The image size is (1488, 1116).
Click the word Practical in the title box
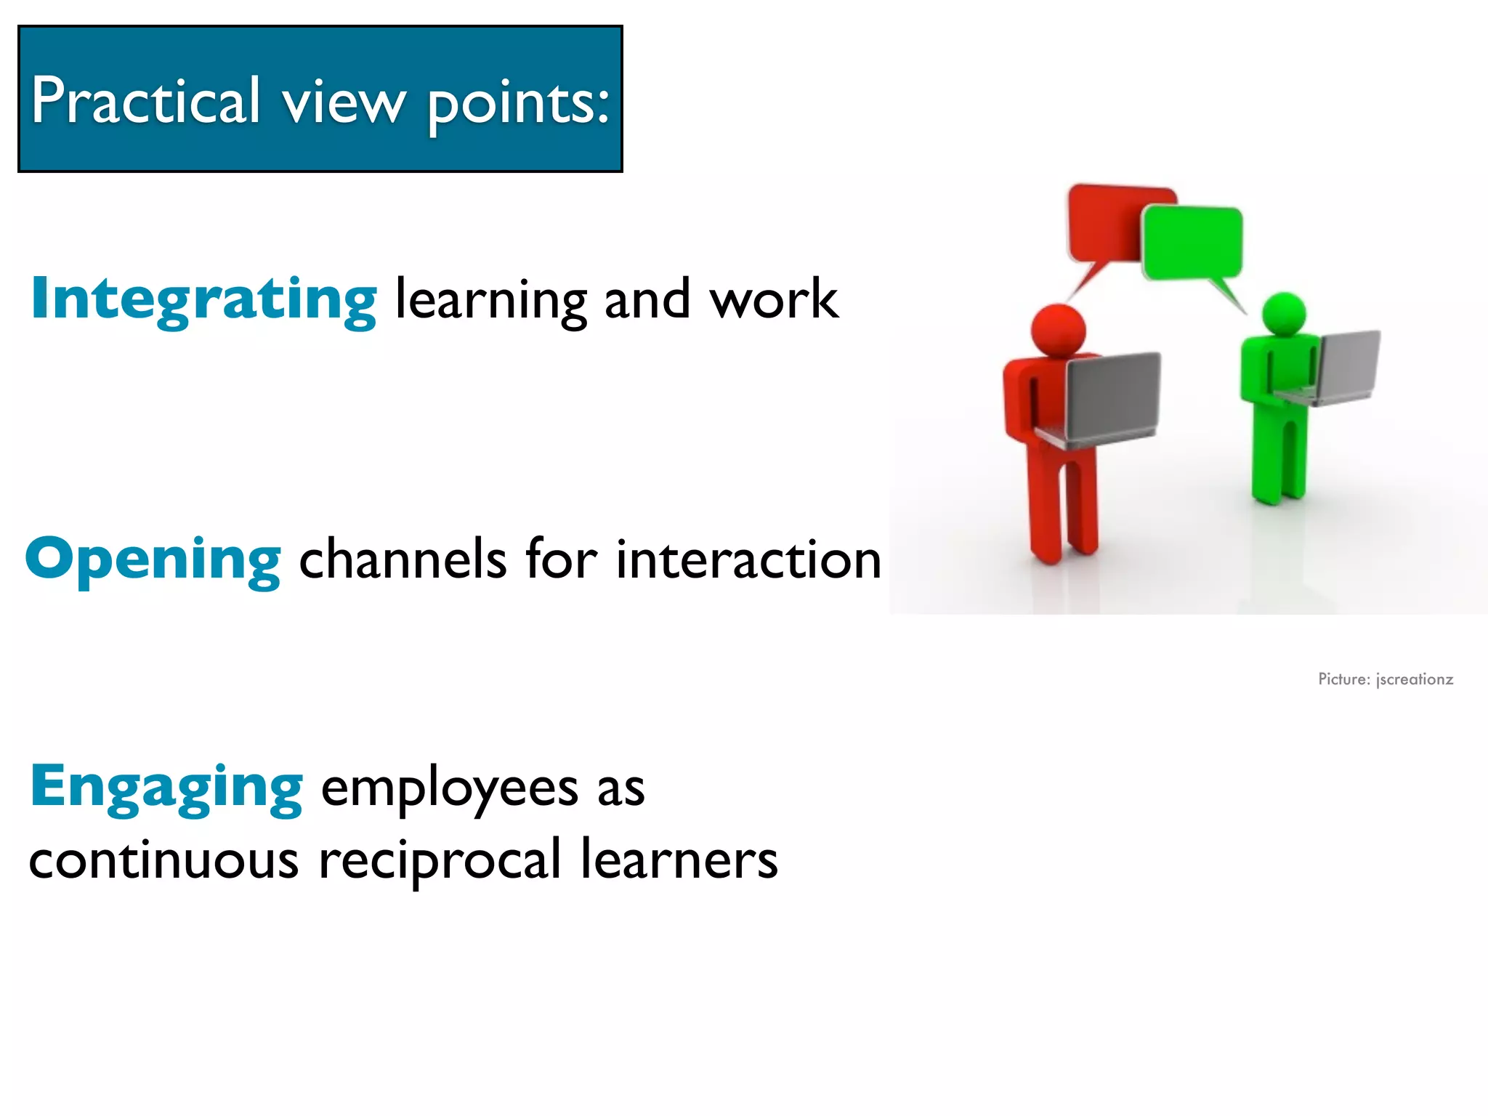point(145,102)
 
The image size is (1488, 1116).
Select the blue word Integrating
point(203,299)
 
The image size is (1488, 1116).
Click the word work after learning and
point(774,299)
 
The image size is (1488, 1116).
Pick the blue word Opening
point(153,559)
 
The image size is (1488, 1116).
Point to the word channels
point(403,559)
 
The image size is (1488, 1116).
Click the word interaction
point(748,559)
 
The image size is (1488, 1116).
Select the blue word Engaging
point(166,788)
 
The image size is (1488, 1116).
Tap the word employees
point(449,789)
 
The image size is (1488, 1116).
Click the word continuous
point(163,860)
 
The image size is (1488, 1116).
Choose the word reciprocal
point(440,862)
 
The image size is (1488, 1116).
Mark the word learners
point(679,860)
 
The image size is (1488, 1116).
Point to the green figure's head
point(1284,314)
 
